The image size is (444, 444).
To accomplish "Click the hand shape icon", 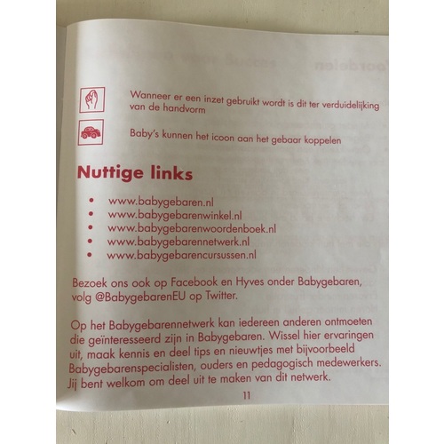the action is (x=92, y=99).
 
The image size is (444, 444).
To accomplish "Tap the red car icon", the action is (x=91, y=132).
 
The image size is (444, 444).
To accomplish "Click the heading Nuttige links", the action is (x=135, y=173).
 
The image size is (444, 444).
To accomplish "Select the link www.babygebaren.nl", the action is (x=161, y=202).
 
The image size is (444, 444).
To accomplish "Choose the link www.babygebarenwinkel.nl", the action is (x=175, y=215).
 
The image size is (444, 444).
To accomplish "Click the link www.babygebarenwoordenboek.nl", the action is (x=192, y=228).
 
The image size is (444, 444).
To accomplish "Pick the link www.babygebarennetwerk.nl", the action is (x=178, y=242).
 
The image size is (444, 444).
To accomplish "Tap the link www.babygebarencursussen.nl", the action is (x=181, y=255).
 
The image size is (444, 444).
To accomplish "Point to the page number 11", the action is (x=247, y=395).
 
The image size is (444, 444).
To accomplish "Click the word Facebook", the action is (x=194, y=282).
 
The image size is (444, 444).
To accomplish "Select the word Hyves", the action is (x=250, y=281).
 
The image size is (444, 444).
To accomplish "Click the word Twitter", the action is (x=222, y=296).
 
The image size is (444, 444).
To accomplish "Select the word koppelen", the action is (x=322, y=140).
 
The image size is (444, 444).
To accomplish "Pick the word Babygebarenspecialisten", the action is (x=131, y=368).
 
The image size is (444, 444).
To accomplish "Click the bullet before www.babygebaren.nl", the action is (x=91, y=201).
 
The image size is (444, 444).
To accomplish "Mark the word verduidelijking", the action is (x=351, y=106).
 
